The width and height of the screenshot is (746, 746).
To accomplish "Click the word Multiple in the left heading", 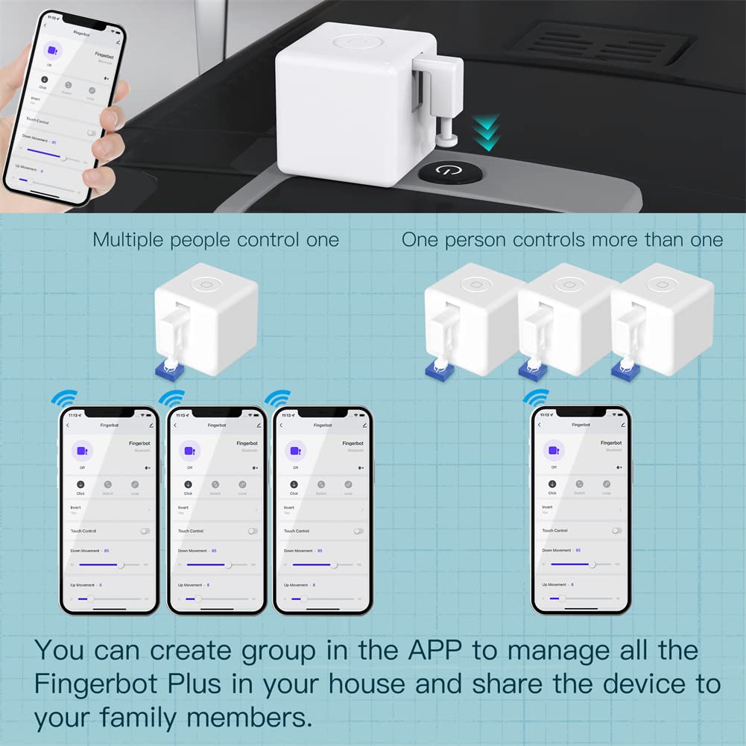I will point(129,240).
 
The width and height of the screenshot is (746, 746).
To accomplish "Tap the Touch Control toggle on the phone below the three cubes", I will point(616,531).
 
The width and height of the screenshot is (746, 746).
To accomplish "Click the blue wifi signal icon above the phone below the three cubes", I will point(535,396).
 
